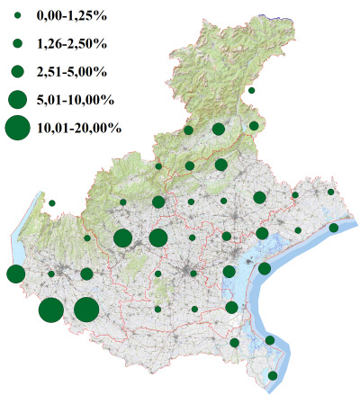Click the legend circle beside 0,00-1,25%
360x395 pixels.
point(17,17)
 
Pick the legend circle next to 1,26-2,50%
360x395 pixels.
point(17,43)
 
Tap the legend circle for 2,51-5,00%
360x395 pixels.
point(17,70)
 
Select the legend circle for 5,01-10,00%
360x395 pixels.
point(17,97)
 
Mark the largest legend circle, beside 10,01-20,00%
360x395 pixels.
point(17,128)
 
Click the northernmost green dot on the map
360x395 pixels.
point(251,91)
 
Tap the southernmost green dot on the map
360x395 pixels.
point(273,375)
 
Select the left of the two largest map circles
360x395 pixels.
point(51,310)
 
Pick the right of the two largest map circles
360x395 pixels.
point(86,310)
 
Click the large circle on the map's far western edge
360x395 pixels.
point(15,274)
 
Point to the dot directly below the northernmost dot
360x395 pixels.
point(255,126)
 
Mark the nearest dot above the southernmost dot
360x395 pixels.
point(270,340)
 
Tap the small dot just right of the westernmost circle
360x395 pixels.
point(51,274)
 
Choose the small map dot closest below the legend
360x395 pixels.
point(52,203)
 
